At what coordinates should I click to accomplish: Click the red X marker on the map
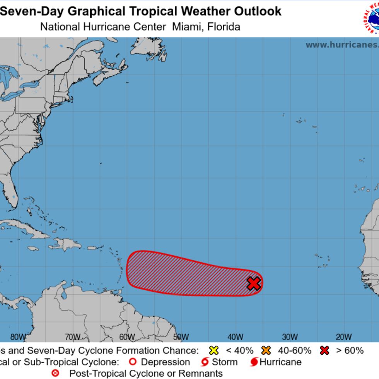click(254, 283)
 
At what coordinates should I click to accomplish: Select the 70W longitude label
click(73, 337)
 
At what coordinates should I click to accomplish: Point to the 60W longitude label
click(127, 337)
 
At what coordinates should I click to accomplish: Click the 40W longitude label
click(235, 337)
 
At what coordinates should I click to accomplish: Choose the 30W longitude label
click(290, 337)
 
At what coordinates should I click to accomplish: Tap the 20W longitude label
click(344, 337)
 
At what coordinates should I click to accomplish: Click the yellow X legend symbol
click(213, 351)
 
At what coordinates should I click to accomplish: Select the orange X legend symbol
click(266, 351)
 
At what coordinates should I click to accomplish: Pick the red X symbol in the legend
click(324, 351)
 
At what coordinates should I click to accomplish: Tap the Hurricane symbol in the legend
click(254, 362)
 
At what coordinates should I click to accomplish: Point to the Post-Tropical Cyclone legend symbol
click(56, 373)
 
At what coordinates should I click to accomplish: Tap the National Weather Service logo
click(372, 19)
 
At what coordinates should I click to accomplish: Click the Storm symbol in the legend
click(205, 362)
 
